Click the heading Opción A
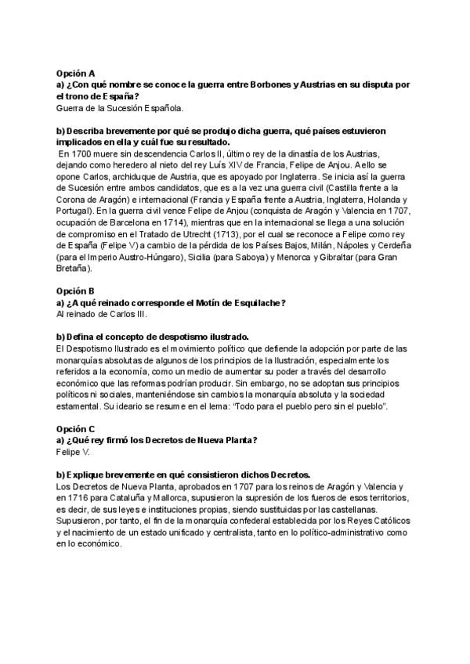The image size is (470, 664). pos(75,72)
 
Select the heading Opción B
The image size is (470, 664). pos(75,291)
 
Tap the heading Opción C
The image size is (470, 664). pos(75,430)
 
